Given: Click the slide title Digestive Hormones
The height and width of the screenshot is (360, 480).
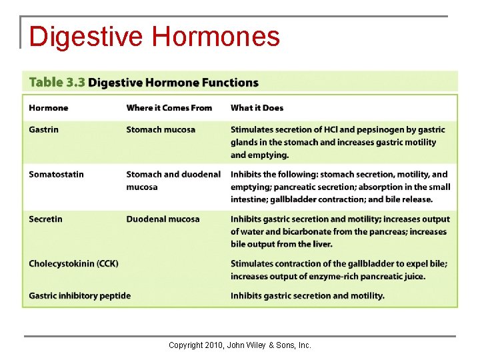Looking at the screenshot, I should coord(154,36).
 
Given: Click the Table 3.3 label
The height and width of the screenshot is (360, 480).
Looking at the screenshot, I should coord(56,83).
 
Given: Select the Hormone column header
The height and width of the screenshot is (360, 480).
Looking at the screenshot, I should coord(48,108).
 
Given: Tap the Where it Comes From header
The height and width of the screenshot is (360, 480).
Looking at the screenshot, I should coord(169,108).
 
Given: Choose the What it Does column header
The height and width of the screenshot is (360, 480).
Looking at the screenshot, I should coord(257,108).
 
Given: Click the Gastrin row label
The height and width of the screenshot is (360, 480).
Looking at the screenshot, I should coord(43,129).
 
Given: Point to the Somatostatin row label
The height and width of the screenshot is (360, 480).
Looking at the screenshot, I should coord(56,174).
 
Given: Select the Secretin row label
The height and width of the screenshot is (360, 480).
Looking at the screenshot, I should coord(45,219).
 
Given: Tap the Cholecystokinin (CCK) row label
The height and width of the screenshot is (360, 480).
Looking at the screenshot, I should coord(73,263).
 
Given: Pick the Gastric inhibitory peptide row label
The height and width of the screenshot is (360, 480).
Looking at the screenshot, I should coord(79,295).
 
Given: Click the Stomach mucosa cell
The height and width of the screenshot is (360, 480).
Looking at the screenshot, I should coord(161,129).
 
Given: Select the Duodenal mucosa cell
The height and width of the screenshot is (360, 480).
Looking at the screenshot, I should coord(163,219).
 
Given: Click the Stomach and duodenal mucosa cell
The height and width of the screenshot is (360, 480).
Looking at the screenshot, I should coord(173,180).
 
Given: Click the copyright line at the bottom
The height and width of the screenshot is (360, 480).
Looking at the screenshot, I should coord(239,345).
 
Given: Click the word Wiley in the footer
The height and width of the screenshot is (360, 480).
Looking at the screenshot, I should coord(257,345).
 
